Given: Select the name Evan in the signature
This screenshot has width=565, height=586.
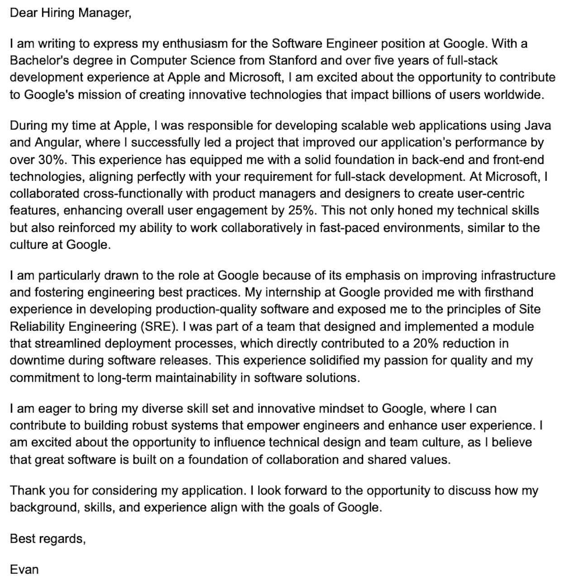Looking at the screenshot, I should (x=24, y=569).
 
